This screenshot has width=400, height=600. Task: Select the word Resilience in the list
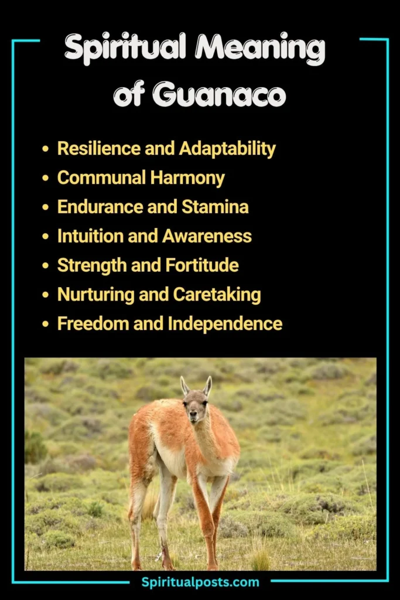93,148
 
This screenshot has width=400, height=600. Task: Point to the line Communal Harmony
141,178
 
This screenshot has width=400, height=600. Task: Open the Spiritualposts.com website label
200,582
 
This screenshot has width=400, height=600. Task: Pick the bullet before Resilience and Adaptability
46,149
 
